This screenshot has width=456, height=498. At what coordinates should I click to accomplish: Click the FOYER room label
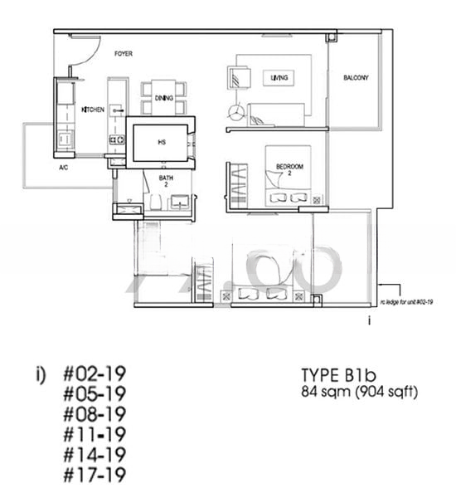124,54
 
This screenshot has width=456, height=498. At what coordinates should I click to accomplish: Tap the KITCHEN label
91,110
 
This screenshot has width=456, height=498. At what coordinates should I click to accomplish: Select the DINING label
164,98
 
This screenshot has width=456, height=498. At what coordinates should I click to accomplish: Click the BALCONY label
356,78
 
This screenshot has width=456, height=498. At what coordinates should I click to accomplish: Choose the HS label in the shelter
161,142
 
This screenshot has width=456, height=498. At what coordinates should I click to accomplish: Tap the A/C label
63,168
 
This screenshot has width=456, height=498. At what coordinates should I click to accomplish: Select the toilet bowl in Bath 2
155,203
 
